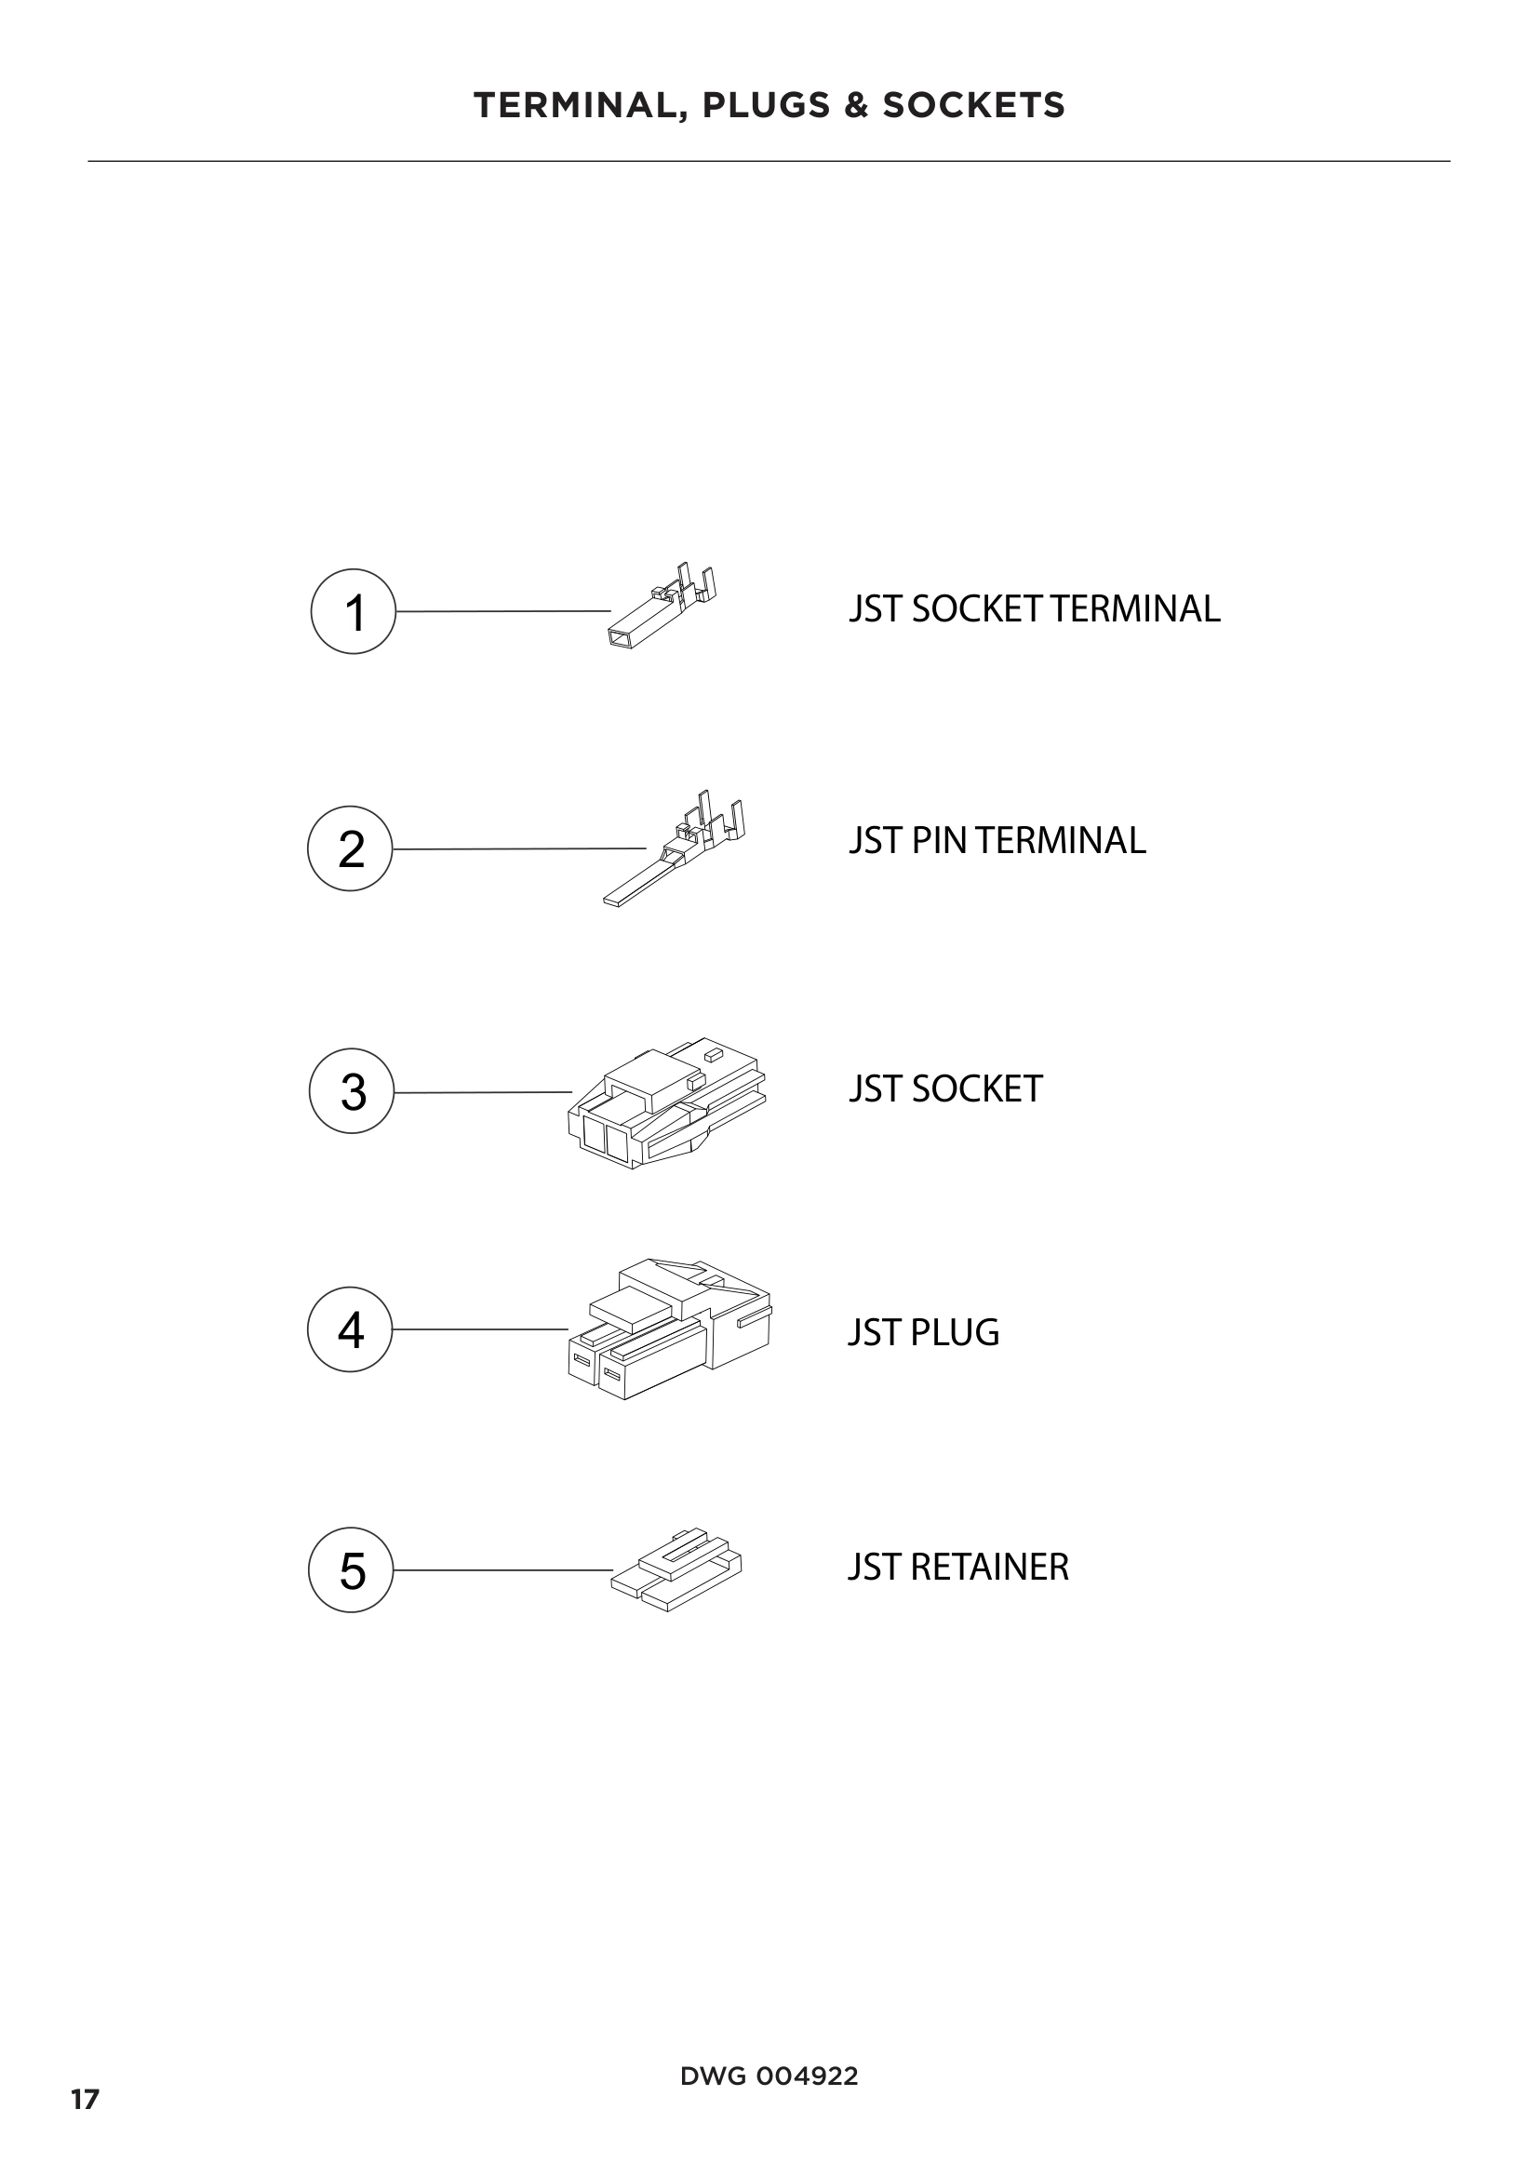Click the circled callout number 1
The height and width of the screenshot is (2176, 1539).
(x=353, y=611)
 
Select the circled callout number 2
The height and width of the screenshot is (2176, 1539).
(x=350, y=848)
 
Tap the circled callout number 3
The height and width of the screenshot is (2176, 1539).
(x=352, y=1091)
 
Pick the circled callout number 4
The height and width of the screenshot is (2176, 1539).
(x=350, y=1328)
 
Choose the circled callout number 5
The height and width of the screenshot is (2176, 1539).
(x=351, y=1569)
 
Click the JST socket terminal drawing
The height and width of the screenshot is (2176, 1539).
(x=661, y=608)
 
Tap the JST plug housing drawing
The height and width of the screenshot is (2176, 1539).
(x=670, y=1329)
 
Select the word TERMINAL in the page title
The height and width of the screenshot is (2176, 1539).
(x=580, y=106)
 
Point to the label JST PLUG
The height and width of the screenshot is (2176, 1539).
(x=923, y=1332)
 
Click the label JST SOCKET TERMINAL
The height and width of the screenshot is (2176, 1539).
(x=1034, y=608)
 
